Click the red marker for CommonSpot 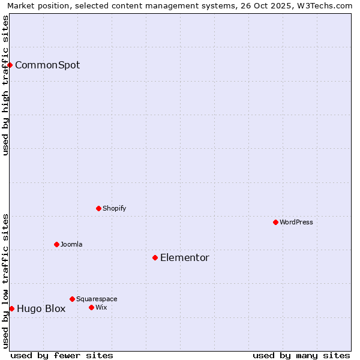pyautogui.click(x=10, y=65)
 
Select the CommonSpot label pyautogui.click(x=47, y=65)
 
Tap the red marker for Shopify pyautogui.click(x=98, y=208)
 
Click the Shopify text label pyautogui.click(x=114, y=208)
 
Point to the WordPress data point pyautogui.click(x=275, y=222)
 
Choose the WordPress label pyautogui.click(x=296, y=222)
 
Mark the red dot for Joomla pyautogui.click(x=56, y=244)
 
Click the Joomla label pyautogui.click(x=71, y=244)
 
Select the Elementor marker pyautogui.click(x=155, y=257)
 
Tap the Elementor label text pyautogui.click(x=185, y=258)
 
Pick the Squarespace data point pyautogui.click(x=72, y=299)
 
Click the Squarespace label pyautogui.click(x=97, y=299)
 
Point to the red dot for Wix pyautogui.click(x=91, y=307)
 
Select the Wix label pyautogui.click(x=101, y=307)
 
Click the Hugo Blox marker pyautogui.click(x=11, y=308)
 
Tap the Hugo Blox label pyautogui.click(x=41, y=309)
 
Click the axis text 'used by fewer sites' pyautogui.click(x=62, y=355)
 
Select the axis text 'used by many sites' pyautogui.click(x=301, y=355)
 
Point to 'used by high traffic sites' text pyautogui.click(x=5, y=85)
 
